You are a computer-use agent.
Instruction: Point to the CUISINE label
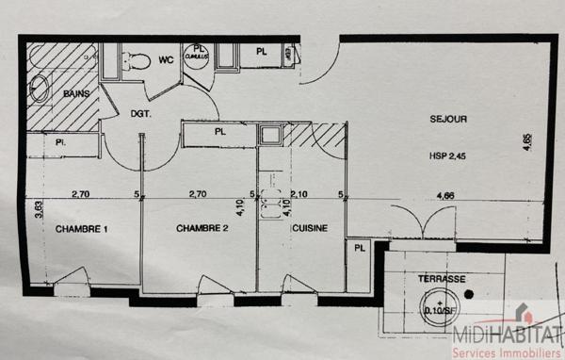pyautogui.click(x=310, y=229)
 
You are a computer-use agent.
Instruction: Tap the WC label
pyautogui.click(x=166, y=60)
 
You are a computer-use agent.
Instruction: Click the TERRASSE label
pyautogui.click(x=442, y=280)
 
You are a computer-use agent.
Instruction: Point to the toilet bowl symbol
pyautogui.click(x=137, y=61)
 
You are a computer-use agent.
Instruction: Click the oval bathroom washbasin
pyautogui.click(x=40, y=89)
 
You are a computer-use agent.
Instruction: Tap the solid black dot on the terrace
pyautogui.click(x=469, y=294)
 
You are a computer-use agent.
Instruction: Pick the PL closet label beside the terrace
pyautogui.click(x=359, y=250)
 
